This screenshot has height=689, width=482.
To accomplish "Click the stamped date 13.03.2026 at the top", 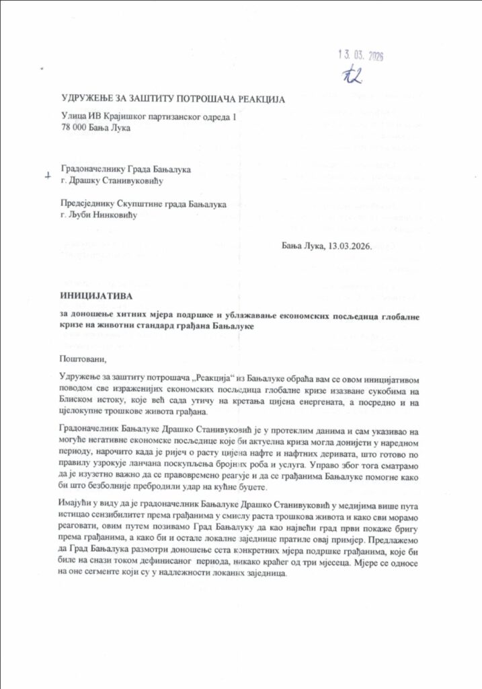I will coord(360,56).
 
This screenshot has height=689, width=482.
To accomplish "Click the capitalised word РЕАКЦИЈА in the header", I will coord(257,100).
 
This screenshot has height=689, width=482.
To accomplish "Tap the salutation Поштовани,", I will coord(83,358).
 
